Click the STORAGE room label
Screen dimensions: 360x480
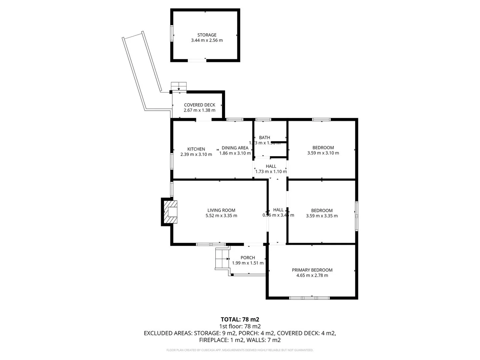tap(207, 35)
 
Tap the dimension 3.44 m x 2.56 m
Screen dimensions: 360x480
tap(207, 40)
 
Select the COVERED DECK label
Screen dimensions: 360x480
tap(199, 105)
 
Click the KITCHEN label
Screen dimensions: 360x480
tap(196, 149)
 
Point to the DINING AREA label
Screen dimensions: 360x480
tap(235, 148)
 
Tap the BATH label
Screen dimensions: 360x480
tap(265, 137)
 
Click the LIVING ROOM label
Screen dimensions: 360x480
tap(221, 210)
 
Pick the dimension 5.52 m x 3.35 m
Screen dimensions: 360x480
tap(221, 216)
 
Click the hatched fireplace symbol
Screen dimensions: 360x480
tap(170, 212)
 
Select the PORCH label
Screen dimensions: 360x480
tap(248, 258)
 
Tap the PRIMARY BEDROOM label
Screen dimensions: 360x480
tap(312, 270)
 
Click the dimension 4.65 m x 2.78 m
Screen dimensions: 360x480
tap(312, 275)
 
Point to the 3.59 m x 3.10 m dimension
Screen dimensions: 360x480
tap(323, 153)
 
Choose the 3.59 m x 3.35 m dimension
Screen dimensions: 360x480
tap(322, 216)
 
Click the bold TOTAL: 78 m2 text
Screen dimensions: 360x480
tap(240, 319)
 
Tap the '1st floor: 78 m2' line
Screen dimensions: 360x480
tap(240, 326)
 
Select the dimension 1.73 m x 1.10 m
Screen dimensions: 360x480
tap(271, 172)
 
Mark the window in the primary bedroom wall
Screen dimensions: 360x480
tap(309, 298)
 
